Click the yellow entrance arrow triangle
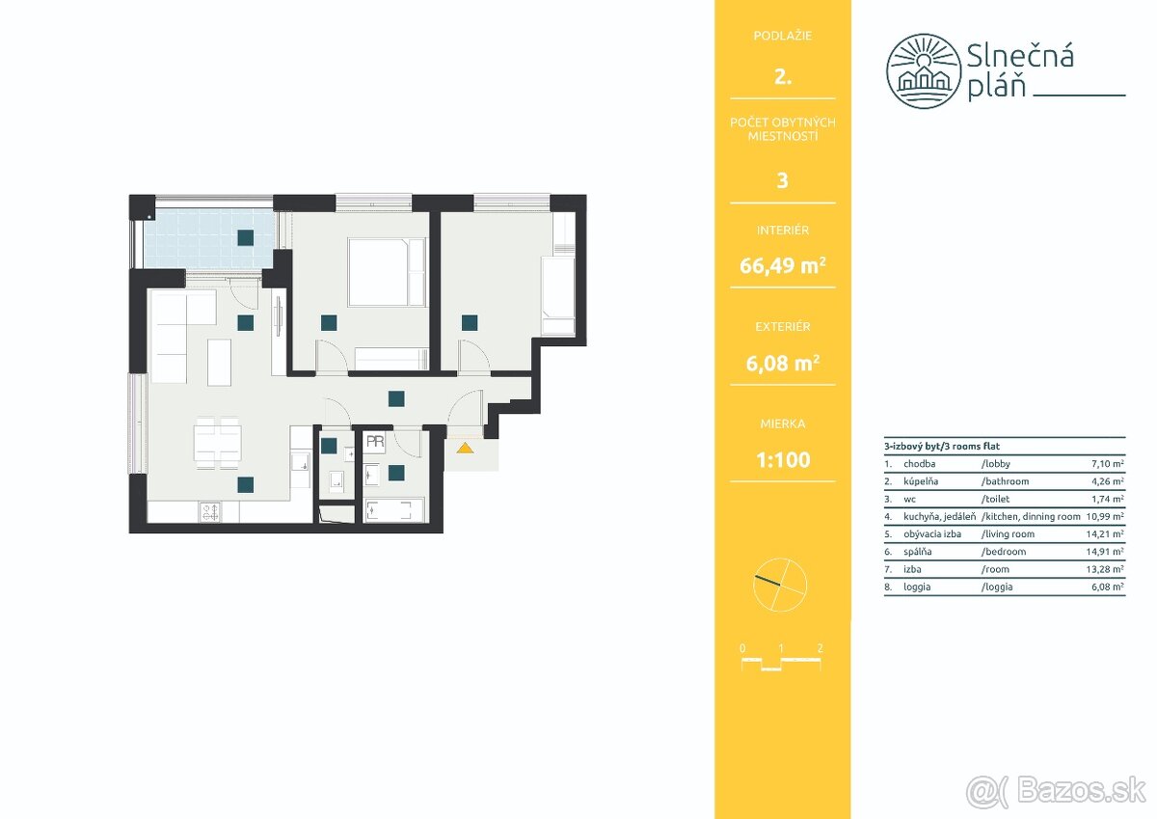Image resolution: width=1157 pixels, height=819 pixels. (x=465, y=448)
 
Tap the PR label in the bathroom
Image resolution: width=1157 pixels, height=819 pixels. (x=375, y=441)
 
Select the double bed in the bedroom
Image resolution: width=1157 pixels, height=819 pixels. (x=388, y=272)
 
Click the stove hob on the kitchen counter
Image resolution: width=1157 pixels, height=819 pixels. (x=210, y=512)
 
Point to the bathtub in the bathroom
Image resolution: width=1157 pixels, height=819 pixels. (x=394, y=510)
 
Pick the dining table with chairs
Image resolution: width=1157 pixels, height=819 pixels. (x=218, y=444)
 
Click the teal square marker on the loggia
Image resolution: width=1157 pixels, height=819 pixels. (x=245, y=237)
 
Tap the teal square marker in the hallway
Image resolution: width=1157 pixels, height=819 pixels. (x=396, y=399)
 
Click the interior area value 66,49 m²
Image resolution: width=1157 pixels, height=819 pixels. (x=783, y=265)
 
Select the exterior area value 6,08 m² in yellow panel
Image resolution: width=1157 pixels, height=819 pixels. (x=783, y=364)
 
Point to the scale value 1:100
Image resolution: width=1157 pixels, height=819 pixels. (x=783, y=459)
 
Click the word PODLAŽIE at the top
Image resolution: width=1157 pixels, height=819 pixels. (x=783, y=36)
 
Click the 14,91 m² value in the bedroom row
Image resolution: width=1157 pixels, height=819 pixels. (x=1105, y=552)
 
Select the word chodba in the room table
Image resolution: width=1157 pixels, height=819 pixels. (x=920, y=463)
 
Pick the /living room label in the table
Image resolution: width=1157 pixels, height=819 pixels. (x=1008, y=533)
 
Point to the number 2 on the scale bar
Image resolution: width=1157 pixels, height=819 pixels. (x=821, y=648)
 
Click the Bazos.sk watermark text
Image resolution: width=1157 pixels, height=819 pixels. (x=1081, y=791)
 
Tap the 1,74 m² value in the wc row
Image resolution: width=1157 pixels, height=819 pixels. (x=1108, y=499)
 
